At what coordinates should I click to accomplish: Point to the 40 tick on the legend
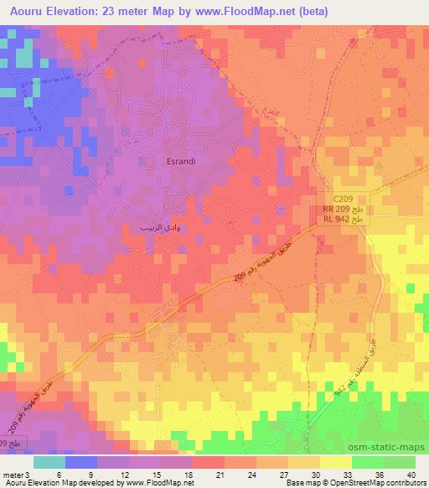[411, 474]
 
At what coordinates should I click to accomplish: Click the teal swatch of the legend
[49, 462]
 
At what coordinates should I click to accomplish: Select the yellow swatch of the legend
[335, 462]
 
